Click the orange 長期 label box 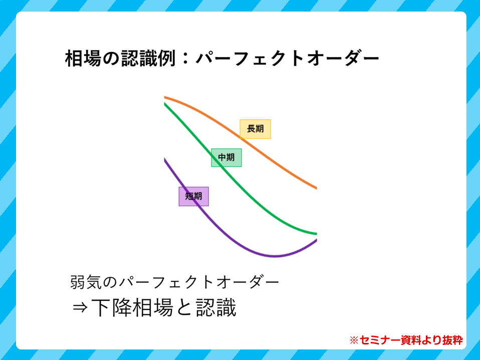tap(255, 129)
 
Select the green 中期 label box tap(226, 158)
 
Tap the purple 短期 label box tap(194, 197)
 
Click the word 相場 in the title tap(83, 59)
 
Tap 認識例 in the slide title tap(148, 59)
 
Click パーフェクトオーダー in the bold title tap(288, 59)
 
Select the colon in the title tap(185, 59)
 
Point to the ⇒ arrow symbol tap(80, 307)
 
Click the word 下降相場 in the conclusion tap(132, 307)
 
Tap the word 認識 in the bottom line tap(216, 307)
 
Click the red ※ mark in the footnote tap(354, 340)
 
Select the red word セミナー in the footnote tap(380, 340)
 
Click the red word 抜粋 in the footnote tap(452, 340)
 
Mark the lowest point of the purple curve tap(275, 256)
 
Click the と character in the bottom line tap(184, 308)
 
